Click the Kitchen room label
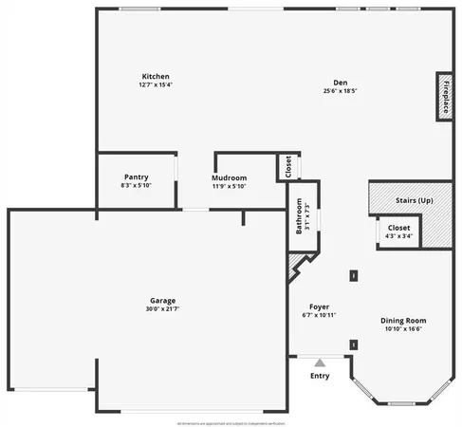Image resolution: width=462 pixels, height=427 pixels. (x=156, y=76)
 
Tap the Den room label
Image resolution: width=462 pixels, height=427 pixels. (x=340, y=83)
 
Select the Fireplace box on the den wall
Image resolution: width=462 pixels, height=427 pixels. (x=443, y=96)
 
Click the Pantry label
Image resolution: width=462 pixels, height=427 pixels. (x=136, y=177)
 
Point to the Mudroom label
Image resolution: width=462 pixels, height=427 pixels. (x=229, y=177)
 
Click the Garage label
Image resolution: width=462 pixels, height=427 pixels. (x=161, y=300)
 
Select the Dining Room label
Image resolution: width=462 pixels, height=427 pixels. (x=403, y=321)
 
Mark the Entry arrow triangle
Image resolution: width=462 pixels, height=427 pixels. (x=320, y=362)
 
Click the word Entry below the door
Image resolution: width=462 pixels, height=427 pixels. (x=320, y=376)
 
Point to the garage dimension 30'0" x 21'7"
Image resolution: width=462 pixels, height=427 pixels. (x=161, y=308)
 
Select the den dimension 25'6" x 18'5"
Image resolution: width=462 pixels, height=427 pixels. (x=340, y=91)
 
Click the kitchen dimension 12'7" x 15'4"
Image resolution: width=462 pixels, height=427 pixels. (x=156, y=84)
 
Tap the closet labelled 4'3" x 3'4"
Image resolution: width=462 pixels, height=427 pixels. (x=398, y=232)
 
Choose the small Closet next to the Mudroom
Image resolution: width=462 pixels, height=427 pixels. (x=286, y=167)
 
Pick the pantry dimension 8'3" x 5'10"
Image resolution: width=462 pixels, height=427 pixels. (x=136, y=185)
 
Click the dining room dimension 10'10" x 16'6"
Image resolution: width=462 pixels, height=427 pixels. (x=403, y=329)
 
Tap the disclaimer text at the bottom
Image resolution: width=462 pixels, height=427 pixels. (x=231, y=422)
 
